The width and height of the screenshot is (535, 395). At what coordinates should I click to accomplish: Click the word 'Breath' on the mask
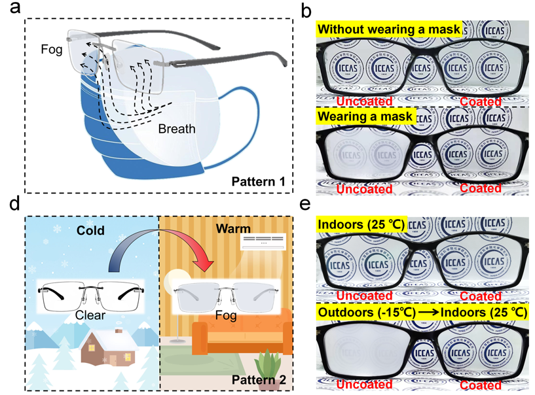177,128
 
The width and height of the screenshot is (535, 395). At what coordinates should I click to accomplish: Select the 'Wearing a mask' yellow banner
365,117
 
